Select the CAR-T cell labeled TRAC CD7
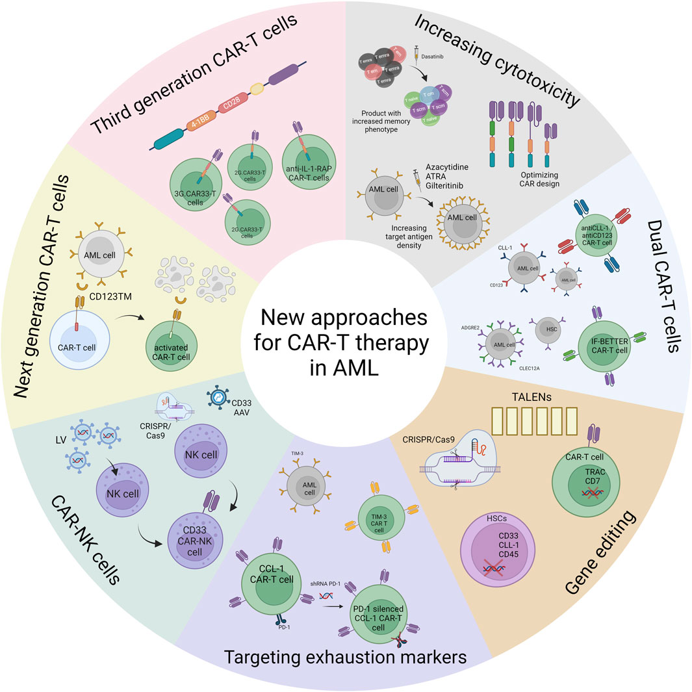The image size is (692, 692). click(586, 487)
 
